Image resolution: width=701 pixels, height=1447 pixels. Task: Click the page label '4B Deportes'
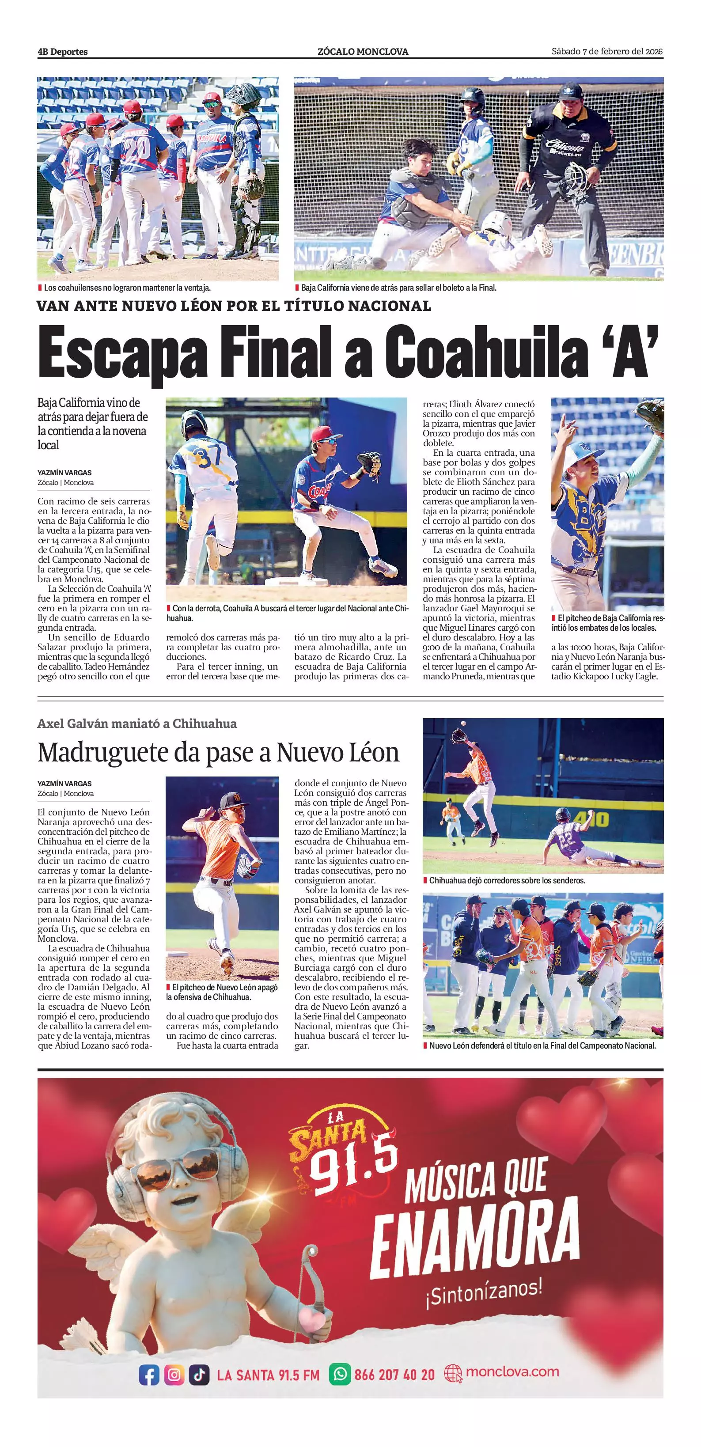(62, 52)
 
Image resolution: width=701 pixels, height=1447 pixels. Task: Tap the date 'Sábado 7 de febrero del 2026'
(606, 52)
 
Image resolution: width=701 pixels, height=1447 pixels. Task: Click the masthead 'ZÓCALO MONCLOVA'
(363, 52)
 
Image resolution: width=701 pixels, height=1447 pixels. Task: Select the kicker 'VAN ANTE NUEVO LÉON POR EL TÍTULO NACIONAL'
(234, 306)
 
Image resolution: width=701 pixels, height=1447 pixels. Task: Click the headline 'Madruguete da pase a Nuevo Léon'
(218, 752)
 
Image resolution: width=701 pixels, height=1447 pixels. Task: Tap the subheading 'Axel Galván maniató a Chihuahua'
(137, 723)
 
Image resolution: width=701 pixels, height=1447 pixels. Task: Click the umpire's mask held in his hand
(577, 178)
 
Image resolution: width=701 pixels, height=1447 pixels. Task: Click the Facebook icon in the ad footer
(149, 1375)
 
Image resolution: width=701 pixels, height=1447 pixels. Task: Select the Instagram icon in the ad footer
(174, 1375)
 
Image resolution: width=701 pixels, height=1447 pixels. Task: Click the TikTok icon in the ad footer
(199, 1375)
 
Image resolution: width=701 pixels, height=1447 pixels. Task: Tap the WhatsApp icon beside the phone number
(339, 1375)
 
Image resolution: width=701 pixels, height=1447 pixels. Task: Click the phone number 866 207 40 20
(394, 1375)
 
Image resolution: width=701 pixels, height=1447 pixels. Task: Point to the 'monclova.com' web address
(512, 1372)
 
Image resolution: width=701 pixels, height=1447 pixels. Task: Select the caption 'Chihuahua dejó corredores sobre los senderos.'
(507, 880)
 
